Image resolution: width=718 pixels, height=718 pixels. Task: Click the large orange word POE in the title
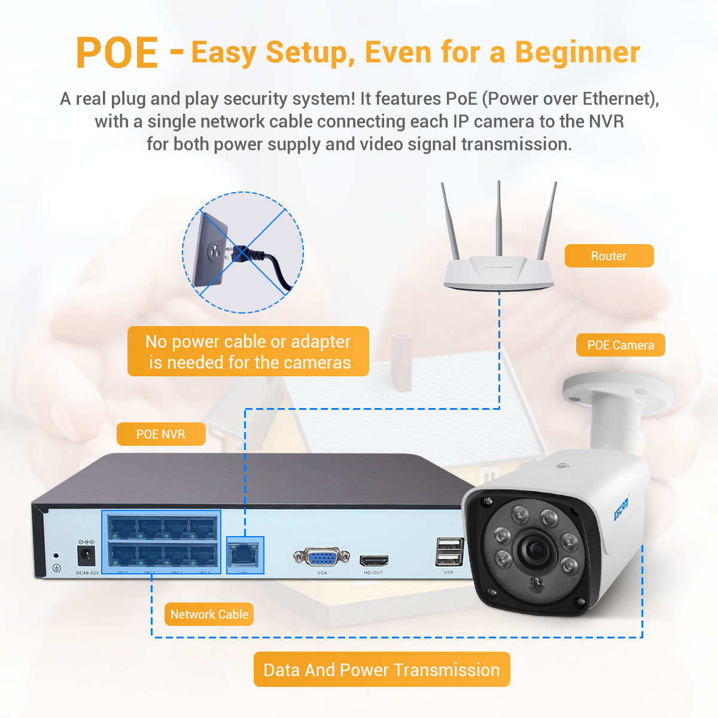point(117,53)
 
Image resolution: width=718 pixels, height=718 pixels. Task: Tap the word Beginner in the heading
point(577,52)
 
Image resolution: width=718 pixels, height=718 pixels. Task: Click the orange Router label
point(609,256)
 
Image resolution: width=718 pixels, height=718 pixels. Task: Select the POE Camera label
point(620,345)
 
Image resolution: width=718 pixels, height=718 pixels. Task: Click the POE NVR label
point(160,434)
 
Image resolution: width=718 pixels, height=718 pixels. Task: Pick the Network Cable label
point(209,614)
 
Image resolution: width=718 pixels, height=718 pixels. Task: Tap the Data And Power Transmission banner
point(382,670)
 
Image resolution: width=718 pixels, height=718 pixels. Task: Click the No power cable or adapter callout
point(248,351)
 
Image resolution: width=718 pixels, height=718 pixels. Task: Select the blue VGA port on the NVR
point(322,557)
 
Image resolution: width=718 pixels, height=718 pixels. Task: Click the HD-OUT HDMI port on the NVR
point(373,561)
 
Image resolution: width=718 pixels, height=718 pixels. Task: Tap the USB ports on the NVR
point(449,552)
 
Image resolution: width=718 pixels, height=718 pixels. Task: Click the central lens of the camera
point(534,547)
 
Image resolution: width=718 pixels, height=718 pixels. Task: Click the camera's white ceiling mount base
point(616,393)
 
